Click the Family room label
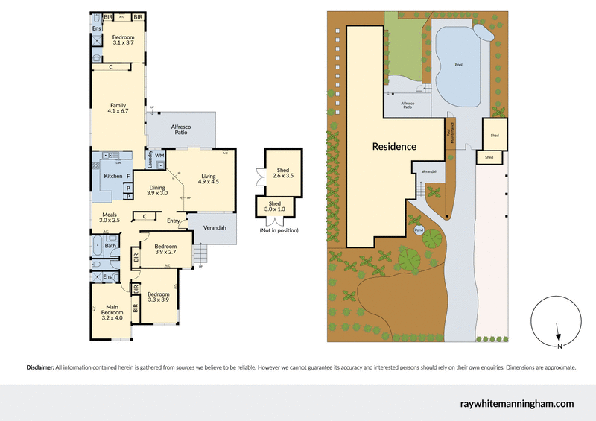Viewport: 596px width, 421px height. coord(118,108)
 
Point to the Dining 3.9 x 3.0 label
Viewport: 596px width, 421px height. coord(156,190)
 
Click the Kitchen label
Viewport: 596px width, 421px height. coord(112,176)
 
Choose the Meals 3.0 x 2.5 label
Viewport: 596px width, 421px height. coord(110,217)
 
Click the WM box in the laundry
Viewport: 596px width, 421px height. coord(159,155)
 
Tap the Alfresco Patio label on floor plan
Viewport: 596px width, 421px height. coord(182,130)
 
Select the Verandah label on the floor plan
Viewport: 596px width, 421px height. coord(215,227)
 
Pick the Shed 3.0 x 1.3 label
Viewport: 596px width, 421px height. coord(276,206)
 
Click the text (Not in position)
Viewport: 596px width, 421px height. coord(279,230)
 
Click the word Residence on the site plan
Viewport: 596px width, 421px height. coord(394,147)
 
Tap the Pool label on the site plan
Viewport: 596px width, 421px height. coord(458,65)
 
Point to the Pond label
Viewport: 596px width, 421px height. coord(419,230)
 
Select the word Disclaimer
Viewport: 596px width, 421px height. coord(40,367)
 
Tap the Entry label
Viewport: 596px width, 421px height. coord(173,221)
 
